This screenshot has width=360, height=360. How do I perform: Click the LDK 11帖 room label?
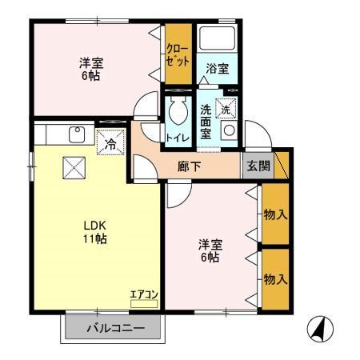[x=94, y=231]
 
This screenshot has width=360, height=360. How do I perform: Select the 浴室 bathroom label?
[x=217, y=68]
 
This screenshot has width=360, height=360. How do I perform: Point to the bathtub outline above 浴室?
[x=217, y=41]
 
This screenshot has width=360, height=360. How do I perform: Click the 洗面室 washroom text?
[x=207, y=120]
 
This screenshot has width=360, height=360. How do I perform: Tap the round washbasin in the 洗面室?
[x=229, y=130]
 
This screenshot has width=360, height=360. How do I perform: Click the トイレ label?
[x=176, y=137]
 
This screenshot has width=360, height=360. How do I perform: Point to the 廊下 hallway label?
[x=190, y=166]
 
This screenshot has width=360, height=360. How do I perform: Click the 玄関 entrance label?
[x=258, y=166]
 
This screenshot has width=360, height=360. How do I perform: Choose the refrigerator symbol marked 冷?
[x=110, y=143]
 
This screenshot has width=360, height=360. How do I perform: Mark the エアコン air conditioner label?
[x=144, y=294]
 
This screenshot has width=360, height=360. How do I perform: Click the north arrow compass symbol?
[x=320, y=328]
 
